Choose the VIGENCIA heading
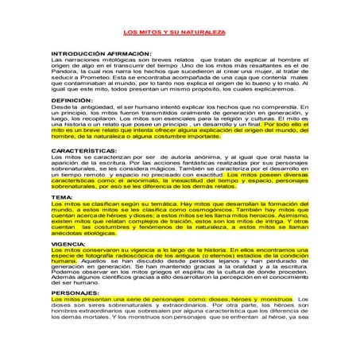(x=69, y=243)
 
